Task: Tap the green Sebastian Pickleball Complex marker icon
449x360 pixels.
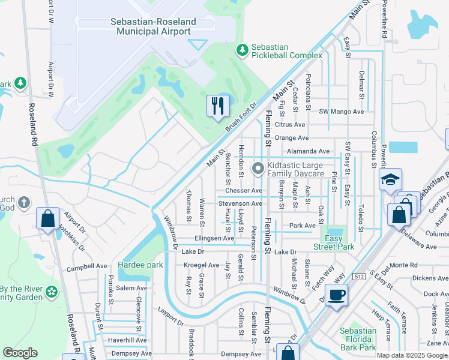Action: [242, 50]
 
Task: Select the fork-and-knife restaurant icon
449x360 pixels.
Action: [217, 106]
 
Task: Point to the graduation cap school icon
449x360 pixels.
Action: [390, 179]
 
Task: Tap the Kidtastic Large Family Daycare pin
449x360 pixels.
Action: [258, 169]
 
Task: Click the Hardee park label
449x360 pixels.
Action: [140, 265]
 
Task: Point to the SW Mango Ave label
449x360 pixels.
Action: [342, 112]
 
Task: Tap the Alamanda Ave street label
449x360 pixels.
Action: [308, 152]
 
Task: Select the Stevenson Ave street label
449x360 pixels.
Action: [240, 203]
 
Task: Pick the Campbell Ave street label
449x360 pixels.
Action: [87, 266]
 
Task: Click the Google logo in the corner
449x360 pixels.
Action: [20, 353]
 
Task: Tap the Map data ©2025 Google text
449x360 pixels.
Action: [411, 355]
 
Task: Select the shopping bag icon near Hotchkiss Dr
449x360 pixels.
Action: [48, 219]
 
